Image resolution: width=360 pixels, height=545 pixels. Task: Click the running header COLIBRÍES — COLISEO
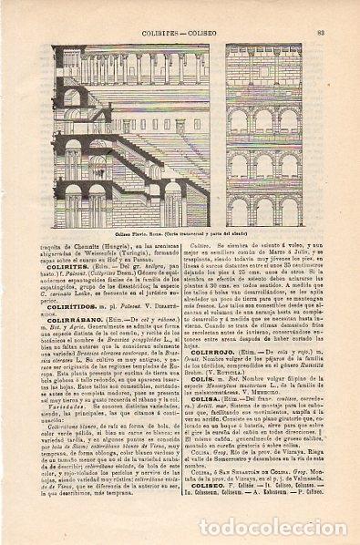point(180,9)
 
